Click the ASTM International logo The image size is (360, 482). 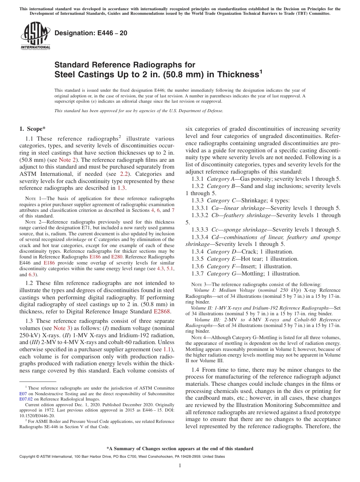(35, 36)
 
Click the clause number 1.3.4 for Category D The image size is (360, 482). (197, 252)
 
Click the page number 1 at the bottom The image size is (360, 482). (180, 466)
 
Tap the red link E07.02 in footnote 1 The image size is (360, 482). (26, 399)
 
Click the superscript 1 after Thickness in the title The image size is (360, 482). (261, 71)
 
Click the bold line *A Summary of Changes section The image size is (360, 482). (180, 449)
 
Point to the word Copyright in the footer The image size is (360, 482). (28, 457)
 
